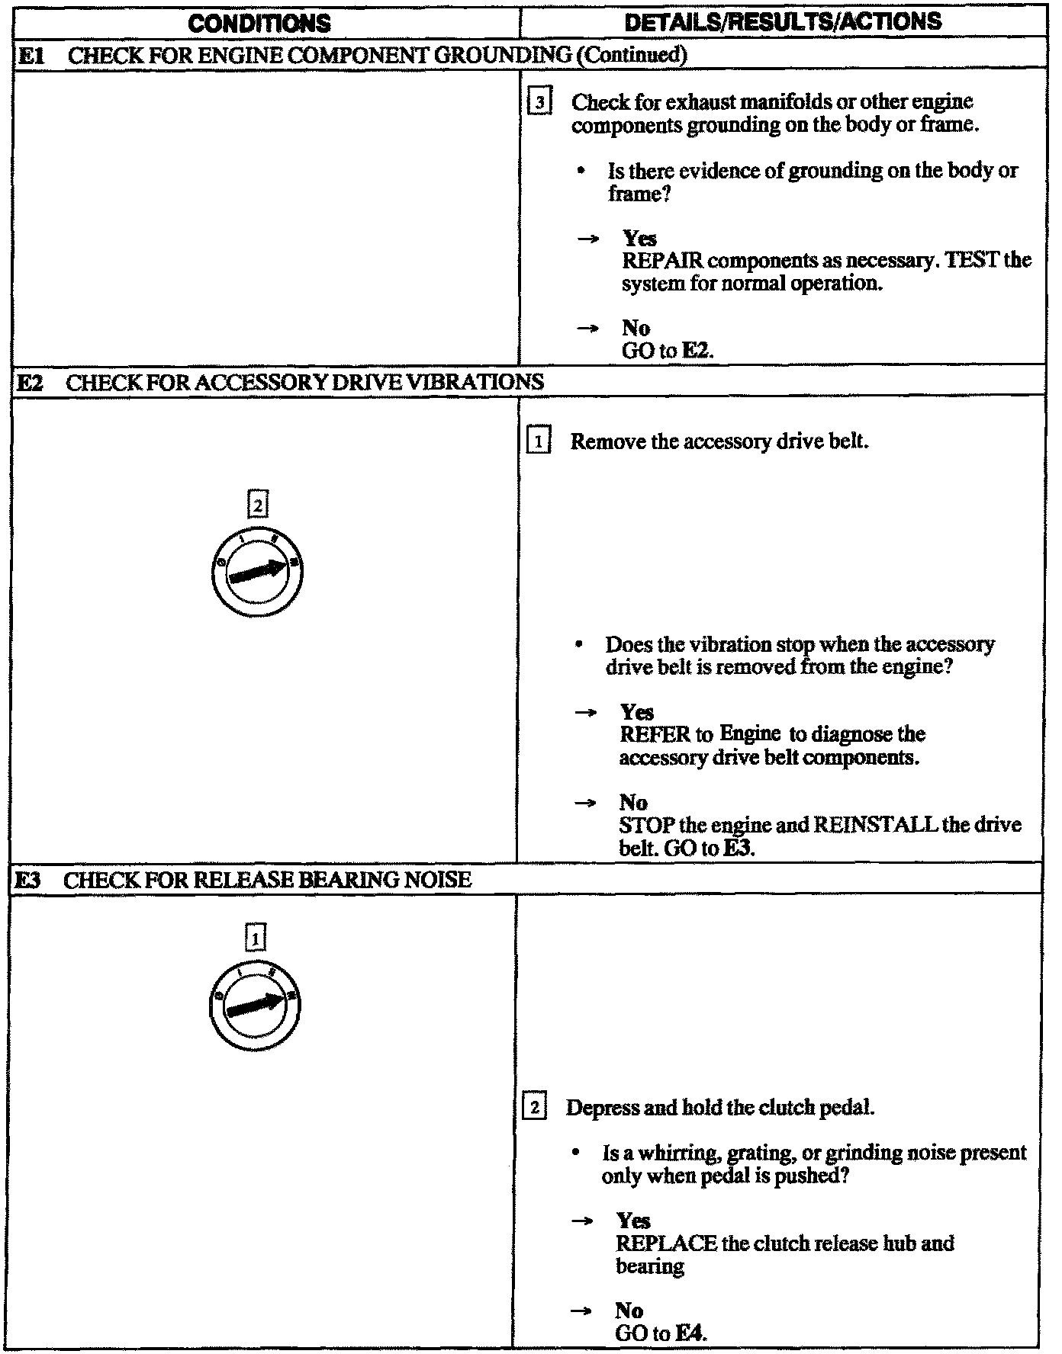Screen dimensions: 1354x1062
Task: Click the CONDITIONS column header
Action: (x=259, y=23)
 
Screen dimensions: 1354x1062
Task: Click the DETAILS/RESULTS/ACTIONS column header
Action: (x=783, y=21)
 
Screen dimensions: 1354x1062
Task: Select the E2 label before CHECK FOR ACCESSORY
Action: (x=31, y=382)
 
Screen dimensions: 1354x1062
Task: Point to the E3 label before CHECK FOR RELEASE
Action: (x=29, y=880)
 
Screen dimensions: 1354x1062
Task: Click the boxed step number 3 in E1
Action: (x=539, y=102)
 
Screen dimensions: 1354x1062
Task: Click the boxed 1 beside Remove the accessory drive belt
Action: (x=538, y=441)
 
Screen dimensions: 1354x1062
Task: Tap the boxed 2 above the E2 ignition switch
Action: (x=258, y=505)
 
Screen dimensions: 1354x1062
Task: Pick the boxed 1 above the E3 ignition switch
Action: (x=256, y=937)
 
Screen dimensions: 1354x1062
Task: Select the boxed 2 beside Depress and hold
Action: (x=534, y=1107)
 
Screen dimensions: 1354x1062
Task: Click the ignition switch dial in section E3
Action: (x=255, y=1006)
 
